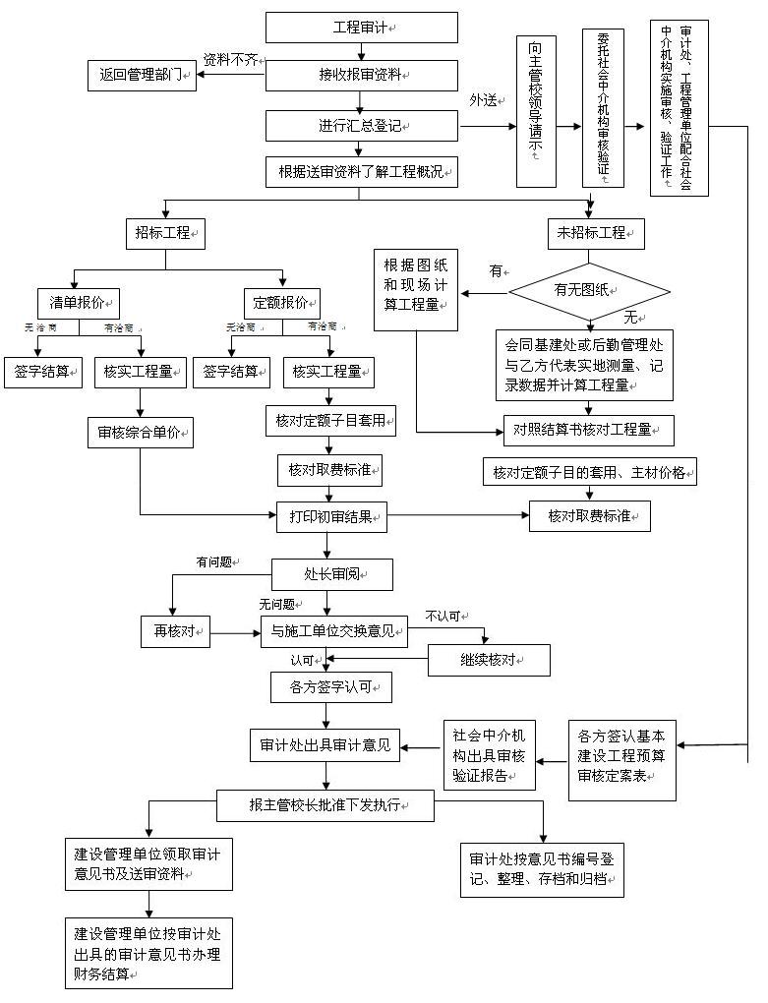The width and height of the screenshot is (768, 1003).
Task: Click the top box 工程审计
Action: [361, 28]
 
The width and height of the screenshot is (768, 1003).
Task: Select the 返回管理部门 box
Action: [142, 75]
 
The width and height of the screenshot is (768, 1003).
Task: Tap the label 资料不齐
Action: [231, 59]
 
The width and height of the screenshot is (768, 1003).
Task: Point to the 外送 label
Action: [484, 100]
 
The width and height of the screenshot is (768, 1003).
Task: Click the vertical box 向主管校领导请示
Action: [536, 110]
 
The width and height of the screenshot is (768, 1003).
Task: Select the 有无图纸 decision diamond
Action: [588, 290]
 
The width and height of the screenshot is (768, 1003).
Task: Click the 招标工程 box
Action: [164, 234]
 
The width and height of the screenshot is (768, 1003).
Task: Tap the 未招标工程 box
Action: [595, 234]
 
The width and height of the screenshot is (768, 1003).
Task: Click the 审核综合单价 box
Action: [140, 432]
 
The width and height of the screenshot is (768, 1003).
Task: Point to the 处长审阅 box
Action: [332, 574]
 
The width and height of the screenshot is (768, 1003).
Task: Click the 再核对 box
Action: [175, 631]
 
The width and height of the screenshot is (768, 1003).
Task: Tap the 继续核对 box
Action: [488, 660]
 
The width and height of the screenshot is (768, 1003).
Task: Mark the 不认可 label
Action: [443, 616]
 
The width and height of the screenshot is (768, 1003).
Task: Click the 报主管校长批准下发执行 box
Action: [325, 805]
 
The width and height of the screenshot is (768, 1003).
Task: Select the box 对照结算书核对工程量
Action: [587, 430]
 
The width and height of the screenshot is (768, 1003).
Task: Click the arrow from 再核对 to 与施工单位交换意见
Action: [235, 632]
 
